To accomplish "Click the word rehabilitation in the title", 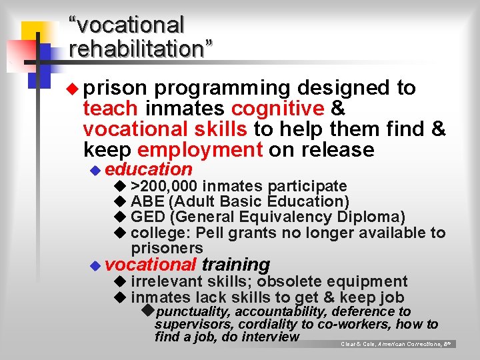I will (x=141, y=49).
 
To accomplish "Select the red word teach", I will (x=111, y=109).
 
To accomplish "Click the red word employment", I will (x=200, y=149).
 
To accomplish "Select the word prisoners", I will (x=167, y=248).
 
